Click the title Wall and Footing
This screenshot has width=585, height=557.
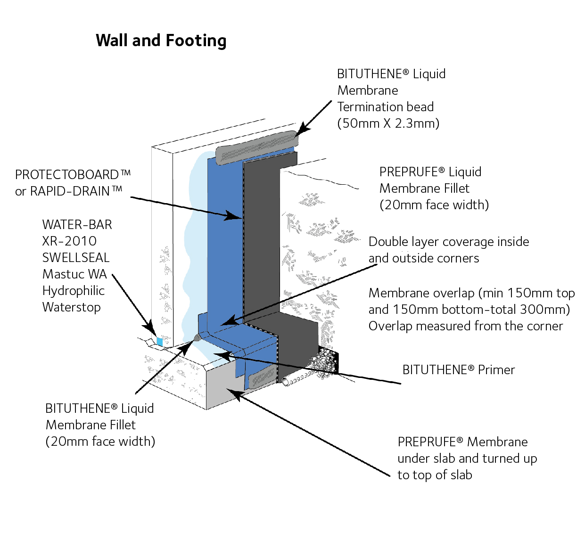tap(161, 41)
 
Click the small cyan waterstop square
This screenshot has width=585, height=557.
tap(159, 342)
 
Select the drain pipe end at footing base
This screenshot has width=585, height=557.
tap(286, 381)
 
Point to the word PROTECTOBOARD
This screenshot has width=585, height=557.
tap(67, 175)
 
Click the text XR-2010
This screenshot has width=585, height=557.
tap(69, 241)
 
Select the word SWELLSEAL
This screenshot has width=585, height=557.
tap(75, 258)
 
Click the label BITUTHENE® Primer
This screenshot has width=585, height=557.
tap(458, 370)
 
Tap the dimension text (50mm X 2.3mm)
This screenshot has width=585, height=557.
tap(388, 123)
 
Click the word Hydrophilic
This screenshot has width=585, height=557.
tap(74, 291)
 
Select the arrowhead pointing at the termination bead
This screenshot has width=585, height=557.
tap(301, 130)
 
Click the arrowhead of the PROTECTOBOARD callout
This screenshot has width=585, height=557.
tap(235, 216)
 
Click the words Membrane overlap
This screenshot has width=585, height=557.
tap(421, 293)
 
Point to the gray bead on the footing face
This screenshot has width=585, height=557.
tap(262, 376)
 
